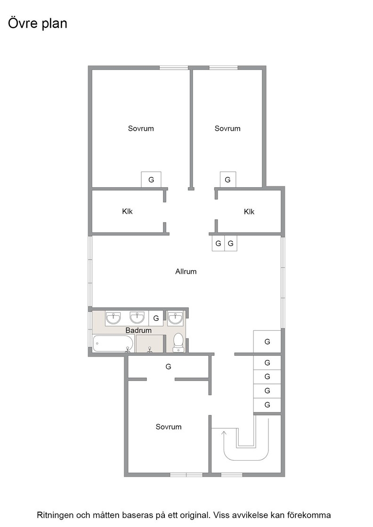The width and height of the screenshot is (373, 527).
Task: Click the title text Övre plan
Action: pos(38,24)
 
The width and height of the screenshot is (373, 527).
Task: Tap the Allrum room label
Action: pos(186,271)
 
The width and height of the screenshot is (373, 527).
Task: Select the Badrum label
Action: pos(138,330)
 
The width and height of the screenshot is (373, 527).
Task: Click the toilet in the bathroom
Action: pos(178,343)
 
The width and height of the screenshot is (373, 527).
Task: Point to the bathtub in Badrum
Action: pos(114,343)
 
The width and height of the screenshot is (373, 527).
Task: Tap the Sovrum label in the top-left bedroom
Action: pos(141,128)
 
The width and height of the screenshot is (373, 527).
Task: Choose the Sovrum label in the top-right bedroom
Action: pos(227,128)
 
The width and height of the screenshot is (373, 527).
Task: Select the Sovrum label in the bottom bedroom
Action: pos(169,427)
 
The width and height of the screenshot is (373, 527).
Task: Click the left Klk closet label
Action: pos(128,211)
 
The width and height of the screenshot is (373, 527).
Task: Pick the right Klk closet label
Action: pos(249,212)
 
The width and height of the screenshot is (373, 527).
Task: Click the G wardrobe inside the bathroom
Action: pos(156,318)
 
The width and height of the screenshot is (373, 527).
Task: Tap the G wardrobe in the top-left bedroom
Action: pos(151,179)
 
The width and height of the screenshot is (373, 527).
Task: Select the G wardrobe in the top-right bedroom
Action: pos(227,179)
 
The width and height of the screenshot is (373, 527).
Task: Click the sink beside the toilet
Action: pos(175,318)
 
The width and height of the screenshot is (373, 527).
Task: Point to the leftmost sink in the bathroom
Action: pos(114,318)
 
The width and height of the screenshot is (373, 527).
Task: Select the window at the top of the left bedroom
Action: pos(174,68)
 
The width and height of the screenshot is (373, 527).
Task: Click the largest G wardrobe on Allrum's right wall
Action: pos(267,342)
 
